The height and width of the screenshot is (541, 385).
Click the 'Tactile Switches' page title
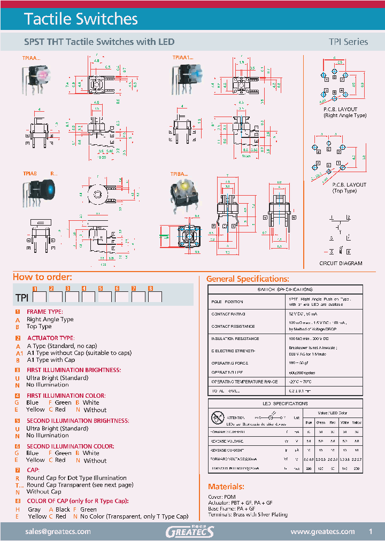click(x=81, y=19)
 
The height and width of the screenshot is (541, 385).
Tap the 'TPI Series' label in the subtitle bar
click(x=348, y=42)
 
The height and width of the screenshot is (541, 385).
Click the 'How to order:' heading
click(x=42, y=277)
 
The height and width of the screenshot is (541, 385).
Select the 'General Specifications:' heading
click(x=248, y=279)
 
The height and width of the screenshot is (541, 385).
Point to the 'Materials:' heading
click(x=226, y=486)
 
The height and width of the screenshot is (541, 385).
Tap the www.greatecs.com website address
click(x=322, y=531)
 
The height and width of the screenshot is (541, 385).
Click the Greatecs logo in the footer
click(x=190, y=531)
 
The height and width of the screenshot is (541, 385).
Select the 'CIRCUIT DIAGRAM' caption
click(x=341, y=264)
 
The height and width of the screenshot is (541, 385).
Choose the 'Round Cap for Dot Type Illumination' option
click(x=76, y=478)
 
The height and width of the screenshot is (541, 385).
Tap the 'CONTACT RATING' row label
click(x=228, y=314)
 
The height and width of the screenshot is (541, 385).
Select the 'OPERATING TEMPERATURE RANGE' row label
click(x=244, y=382)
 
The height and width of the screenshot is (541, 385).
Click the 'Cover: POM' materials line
click(x=222, y=497)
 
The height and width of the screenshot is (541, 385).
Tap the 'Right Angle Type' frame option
click(x=50, y=319)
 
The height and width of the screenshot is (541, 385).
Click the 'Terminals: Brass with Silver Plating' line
click(x=248, y=514)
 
